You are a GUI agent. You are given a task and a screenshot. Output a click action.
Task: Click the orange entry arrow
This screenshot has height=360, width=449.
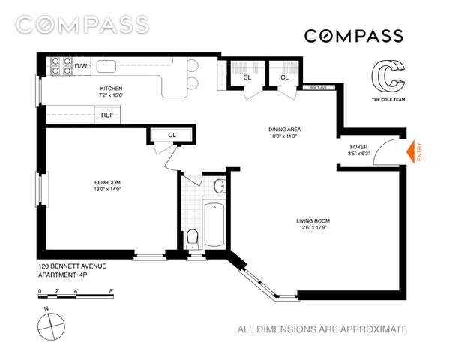pyautogui.click(x=410, y=152)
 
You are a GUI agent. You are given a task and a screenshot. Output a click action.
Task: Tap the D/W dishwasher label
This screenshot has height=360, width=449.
pyautogui.click(x=81, y=66)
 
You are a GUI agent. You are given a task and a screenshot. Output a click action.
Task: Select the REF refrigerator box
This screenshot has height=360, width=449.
pyautogui.click(x=107, y=115)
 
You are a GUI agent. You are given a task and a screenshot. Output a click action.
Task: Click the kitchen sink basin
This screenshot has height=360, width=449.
pyautogui.click(x=106, y=66)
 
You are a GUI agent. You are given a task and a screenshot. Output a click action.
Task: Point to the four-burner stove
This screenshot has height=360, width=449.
pyautogui.click(x=61, y=66)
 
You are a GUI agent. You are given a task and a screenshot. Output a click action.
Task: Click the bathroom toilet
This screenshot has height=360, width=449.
pyautogui.click(x=192, y=238)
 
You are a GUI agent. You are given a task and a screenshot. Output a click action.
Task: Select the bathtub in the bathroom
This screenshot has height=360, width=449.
pyautogui.click(x=214, y=224)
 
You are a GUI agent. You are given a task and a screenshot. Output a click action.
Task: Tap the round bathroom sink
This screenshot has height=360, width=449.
pyautogui.click(x=219, y=186)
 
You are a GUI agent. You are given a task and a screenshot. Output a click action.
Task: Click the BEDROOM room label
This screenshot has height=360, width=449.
pyautogui.click(x=107, y=182)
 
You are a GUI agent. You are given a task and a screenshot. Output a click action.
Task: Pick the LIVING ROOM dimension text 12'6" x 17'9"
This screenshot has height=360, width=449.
pyautogui.click(x=313, y=228)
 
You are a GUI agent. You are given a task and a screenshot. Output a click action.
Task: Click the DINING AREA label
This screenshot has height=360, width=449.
pyautogui.click(x=285, y=130)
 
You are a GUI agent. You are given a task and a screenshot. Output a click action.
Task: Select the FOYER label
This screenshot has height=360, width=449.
pyautogui.click(x=358, y=147)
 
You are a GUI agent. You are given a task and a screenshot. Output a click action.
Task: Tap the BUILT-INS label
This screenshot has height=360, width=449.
pyautogui.click(x=318, y=88)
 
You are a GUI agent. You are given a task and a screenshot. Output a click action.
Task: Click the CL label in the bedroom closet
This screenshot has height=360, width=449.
pyautogui.click(x=172, y=135)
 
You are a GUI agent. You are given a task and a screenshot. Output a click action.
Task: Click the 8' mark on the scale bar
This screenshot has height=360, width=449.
pyautogui.click(x=112, y=291)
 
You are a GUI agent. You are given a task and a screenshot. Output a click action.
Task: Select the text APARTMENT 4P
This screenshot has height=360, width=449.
pyautogui.click(x=63, y=274)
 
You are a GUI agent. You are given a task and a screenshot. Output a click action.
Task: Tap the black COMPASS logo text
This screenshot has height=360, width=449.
pyautogui.click(x=354, y=36)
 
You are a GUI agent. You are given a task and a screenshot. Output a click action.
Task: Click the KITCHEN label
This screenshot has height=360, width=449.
pyautogui.click(x=111, y=88)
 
